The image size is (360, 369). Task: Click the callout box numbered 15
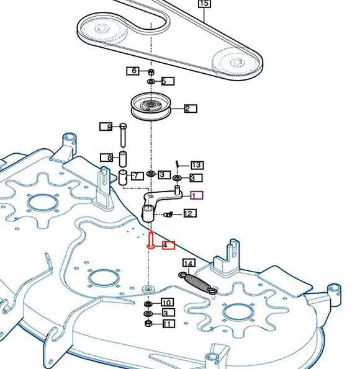[x=204, y=3]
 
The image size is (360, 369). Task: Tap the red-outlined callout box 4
[x=168, y=245]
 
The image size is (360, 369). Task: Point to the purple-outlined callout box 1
[x=197, y=195]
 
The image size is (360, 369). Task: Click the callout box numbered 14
[x=189, y=263]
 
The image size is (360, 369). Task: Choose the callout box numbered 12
[x=190, y=213]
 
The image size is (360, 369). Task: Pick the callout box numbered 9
[x=106, y=127]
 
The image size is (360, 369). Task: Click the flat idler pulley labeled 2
[x=151, y=107]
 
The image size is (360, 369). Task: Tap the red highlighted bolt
[x=151, y=240]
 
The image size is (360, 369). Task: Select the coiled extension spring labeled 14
[x=197, y=283]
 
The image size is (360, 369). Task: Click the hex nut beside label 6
[x=151, y=72]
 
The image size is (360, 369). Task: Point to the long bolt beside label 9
[x=123, y=135]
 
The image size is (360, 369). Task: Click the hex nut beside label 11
[x=148, y=323]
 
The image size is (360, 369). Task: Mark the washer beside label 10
[x=148, y=304]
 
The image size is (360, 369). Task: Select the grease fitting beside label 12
[x=168, y=215]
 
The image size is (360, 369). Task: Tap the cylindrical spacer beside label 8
[x=123, y=159]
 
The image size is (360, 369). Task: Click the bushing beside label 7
[x=122, y=177]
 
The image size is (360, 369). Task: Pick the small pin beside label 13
[x=178, y=164]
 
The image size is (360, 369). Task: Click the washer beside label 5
[x=151, y=82]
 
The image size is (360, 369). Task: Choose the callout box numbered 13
[x=197, y=165]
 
